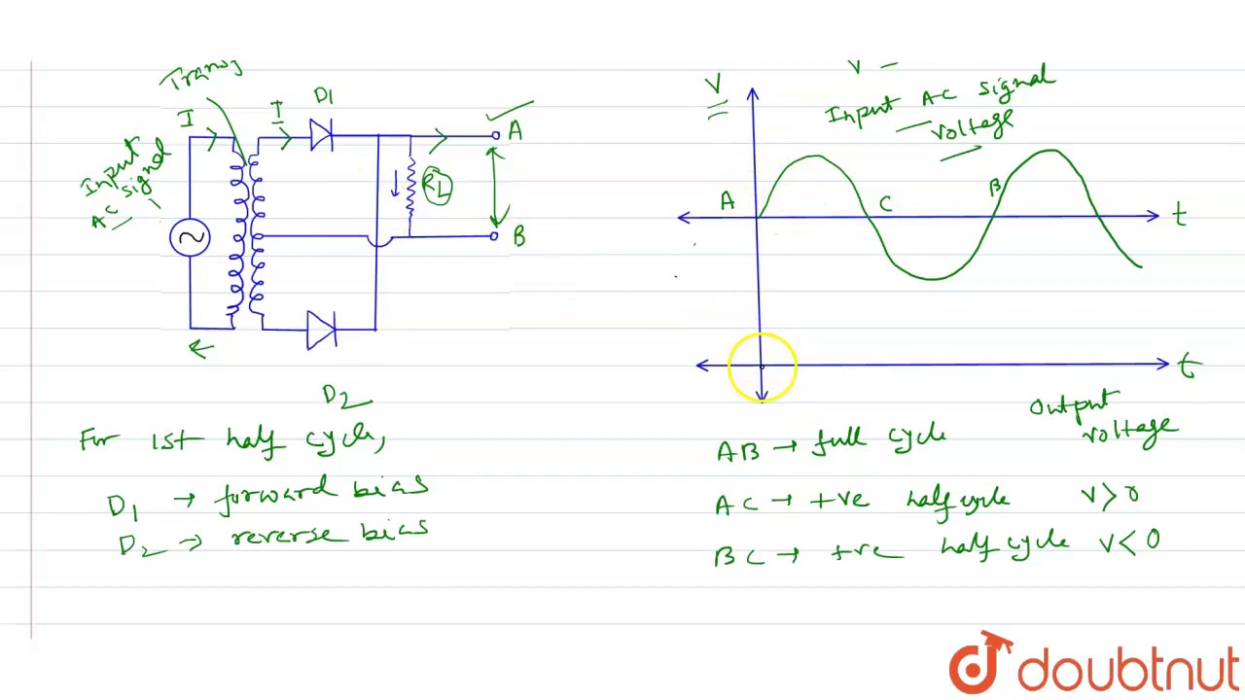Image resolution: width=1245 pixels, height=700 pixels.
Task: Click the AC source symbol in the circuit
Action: [x=190, y=238]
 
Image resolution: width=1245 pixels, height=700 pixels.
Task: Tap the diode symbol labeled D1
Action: [x=321, y=135]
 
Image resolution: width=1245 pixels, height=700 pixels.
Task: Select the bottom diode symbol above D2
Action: [x=321, y=330]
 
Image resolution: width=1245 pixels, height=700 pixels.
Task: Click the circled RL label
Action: [x=437, y=188]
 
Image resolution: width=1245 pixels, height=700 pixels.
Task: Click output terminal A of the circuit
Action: [x=495, y=135]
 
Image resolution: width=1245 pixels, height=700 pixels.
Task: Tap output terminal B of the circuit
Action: [x=494, y=235]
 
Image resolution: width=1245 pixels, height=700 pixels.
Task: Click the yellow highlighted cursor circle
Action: [x=762, y=367]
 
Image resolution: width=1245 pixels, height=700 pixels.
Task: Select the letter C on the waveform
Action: [x=885, y=204]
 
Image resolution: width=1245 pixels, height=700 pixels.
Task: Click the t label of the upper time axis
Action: [x=1180, y=216]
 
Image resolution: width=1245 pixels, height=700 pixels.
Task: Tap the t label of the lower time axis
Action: [x=1187, y=367]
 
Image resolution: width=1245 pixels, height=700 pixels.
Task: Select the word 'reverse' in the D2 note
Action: [x=286, y=536]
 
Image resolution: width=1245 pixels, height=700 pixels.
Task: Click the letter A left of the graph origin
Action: [x=727, y=202]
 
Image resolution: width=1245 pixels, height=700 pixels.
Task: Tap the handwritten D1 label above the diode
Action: [x=324, y=96]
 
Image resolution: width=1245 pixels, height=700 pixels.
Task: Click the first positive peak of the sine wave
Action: [x=814, y=157]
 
